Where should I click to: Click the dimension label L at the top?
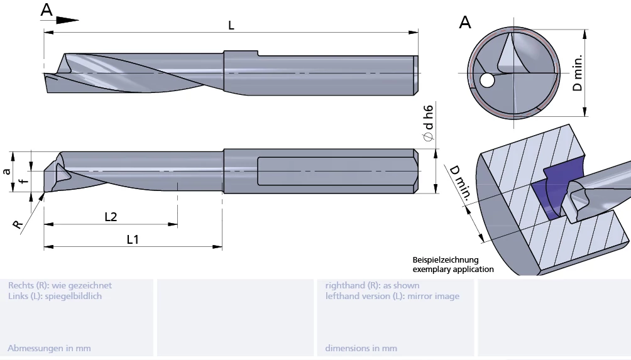(x=231, y=25)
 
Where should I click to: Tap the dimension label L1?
(x=133, y=239)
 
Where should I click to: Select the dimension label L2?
(x=111, y=217)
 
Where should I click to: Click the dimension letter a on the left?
(x=7, y=171)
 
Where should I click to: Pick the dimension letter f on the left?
(x=23, y=182)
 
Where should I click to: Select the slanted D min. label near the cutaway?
(x=459, y=182)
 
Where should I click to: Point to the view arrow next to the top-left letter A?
(x=67, y=19)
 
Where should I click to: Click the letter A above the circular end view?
(x=465, y=23)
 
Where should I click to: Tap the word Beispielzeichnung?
(x=446, y=259)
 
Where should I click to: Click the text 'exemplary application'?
(x=453, y=269)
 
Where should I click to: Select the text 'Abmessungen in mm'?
(x=49, y=348)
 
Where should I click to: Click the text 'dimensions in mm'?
(x=361, y=348)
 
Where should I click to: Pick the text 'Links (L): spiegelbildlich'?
(x=55, y=296)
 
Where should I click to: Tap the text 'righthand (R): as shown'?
(x=372, y=285)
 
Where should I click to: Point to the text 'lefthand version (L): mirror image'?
(x=392, y=296)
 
